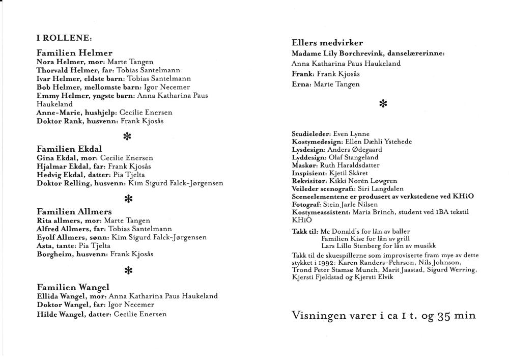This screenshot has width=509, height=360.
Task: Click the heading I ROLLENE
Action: pyautogui.click(x=64, y=38)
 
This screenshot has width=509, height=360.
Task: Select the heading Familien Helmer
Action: pyautogui.click(x=74, y=53)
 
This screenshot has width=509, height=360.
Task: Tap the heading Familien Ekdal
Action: pyautogui.click(x=69, y=149)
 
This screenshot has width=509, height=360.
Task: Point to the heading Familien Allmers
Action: pyautogui.click(x=74, y=212)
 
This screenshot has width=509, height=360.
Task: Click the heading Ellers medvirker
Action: pyautogui.click(x=327, y=43)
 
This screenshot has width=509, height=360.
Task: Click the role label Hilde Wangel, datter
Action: pyautogui.click(x=73, y=314)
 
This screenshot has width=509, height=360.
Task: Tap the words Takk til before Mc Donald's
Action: pyautogui.click(x=305, y=230)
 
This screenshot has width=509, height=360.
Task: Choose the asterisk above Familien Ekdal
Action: pyautogui.click(x=127, y=136)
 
